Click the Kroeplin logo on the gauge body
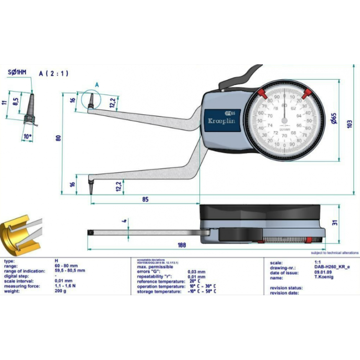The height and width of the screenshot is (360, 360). [x=220, y=122]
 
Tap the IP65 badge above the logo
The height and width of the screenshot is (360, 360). [x=234, y=113]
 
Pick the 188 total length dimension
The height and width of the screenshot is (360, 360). [x=181, y=245]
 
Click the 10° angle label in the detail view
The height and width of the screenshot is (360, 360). [x=27, y=136]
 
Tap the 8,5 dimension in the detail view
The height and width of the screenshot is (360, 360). [x=15, y=101]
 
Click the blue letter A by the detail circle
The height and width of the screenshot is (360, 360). [x=96, y=84]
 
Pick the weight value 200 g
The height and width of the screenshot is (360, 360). [x=60, y=291]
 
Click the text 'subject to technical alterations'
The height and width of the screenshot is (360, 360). [x=335, y=252]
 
